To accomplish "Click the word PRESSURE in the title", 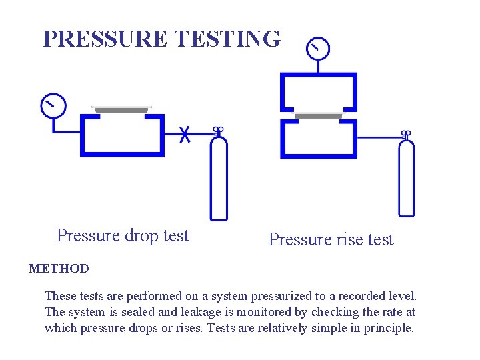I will (x=104, y=39).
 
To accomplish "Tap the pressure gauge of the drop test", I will (x=53, y=105).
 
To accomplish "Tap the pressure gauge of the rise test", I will (x=317, y=47).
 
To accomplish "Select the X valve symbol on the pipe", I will (x=186, y=134).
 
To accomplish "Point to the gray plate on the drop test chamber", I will (x=121, y=109).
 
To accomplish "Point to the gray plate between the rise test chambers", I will (x=318, y=115).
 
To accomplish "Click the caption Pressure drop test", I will (x=123, y=236).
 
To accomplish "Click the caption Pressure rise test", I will (x=331, y=240).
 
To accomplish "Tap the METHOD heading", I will (x=59, y=269).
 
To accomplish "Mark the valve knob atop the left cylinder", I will (x=218, y=130).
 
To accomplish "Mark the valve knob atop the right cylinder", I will (x=406, y=134).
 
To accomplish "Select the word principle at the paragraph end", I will (x=388, y=328).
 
